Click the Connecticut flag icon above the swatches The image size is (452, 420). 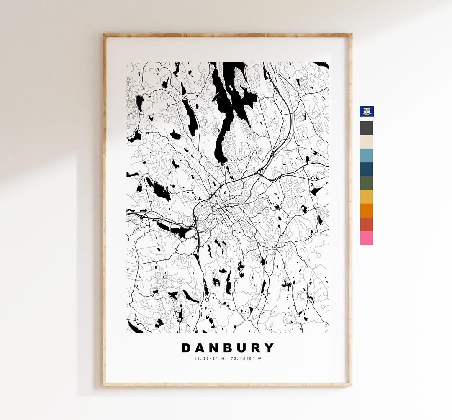click(x=367, y=111)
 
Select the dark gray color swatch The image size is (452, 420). click(x=367, y=128)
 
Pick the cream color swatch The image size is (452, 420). click(x=367, y=142)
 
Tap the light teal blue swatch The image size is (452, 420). click(x=367, y=156)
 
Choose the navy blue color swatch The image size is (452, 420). click(x=367, y=169)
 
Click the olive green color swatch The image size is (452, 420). click(x=367, y=183)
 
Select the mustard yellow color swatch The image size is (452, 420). click(x=367, y=197)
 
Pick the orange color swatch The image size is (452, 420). click(x=367, y=210)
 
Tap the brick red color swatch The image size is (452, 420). click(x=367, y=224)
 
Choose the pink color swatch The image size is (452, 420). click(x=367, y=238)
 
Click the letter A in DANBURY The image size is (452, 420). click(x=200, y=348)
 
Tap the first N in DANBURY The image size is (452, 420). click(x=214, y=348)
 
